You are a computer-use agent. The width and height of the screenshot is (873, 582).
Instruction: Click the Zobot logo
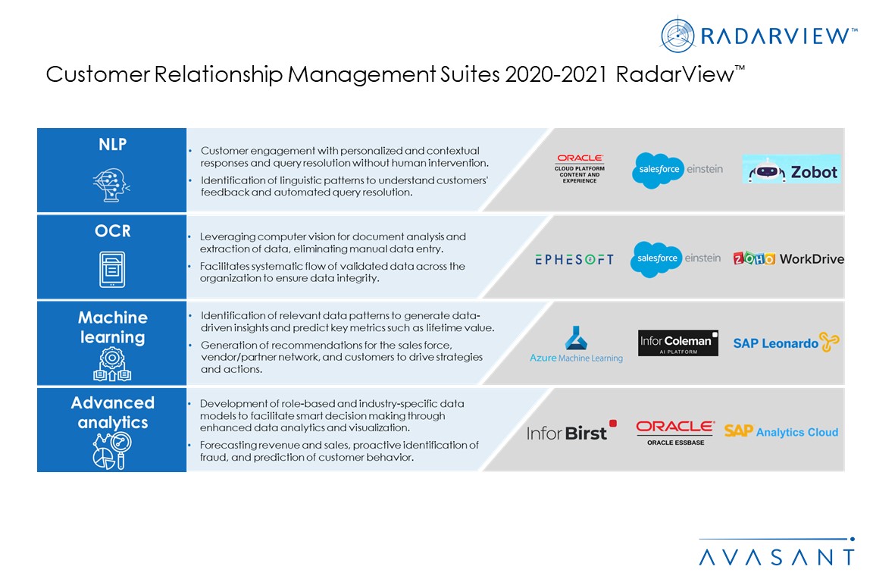click(791, 171)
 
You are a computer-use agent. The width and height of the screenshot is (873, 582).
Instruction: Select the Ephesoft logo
click(574, 259)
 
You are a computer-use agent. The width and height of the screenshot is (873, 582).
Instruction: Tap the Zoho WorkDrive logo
click(788, 259)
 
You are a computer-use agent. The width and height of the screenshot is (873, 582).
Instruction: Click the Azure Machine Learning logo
click(576, 344)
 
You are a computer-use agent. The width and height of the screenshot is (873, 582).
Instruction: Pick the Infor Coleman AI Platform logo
click(677, 343)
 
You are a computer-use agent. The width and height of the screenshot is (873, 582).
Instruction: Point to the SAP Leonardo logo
click(786, 343)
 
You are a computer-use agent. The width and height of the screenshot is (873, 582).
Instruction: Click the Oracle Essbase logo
click(674, 432)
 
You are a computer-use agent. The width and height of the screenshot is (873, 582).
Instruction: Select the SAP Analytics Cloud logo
click(781, 432)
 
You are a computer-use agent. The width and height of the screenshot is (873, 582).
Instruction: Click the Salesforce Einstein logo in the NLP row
click(677, 171)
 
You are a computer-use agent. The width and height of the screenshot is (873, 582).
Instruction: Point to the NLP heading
click(112, 145)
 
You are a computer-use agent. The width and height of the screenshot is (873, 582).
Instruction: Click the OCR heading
click(112, 231)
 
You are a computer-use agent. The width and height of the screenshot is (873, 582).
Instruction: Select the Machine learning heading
click(113, 327)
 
